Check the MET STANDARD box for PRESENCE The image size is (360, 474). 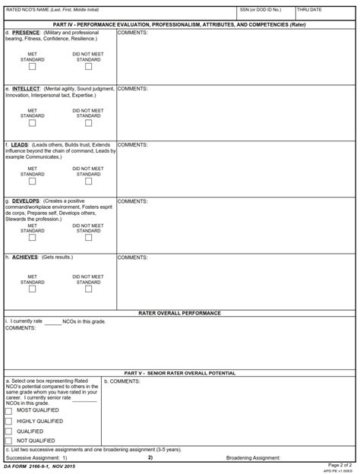(x=32, y=67)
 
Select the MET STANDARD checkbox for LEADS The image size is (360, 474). (x=32, y=181)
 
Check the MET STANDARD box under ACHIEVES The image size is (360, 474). (x=32, y=289)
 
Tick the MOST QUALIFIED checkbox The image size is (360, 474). (x=8, y=411)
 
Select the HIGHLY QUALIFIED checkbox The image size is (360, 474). (x=8, y=421)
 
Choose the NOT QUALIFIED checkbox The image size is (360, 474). (x=8, y=441)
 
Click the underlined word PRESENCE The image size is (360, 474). (x=26, y=33)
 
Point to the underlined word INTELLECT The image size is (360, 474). (x=27, y=89)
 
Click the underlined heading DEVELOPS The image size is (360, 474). (x=27, y=201)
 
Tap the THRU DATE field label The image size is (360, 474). (x=310, y=10)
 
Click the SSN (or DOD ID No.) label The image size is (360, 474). (x=260, y=10)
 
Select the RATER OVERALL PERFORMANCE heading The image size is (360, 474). (x=180, y=313)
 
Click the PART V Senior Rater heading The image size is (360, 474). (x=180, y=373)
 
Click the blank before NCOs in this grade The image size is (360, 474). (x=52, y=322)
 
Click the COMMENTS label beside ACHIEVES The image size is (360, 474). (x=132, y=258)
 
